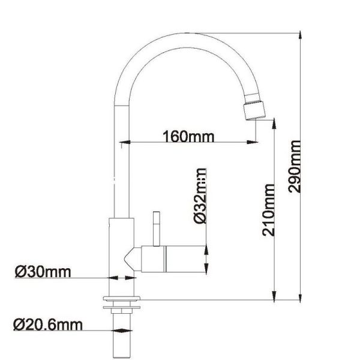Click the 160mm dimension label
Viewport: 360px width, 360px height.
click(x=188, y=136)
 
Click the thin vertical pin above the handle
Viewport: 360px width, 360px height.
click(x=156, y=228)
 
